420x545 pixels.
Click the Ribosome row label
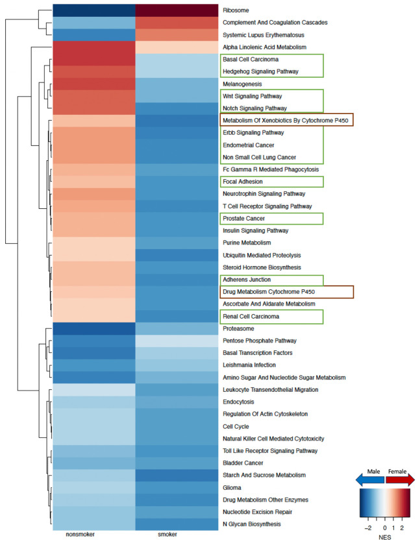tap(236, 10)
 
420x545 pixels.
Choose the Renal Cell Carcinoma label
tap(251, 316)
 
